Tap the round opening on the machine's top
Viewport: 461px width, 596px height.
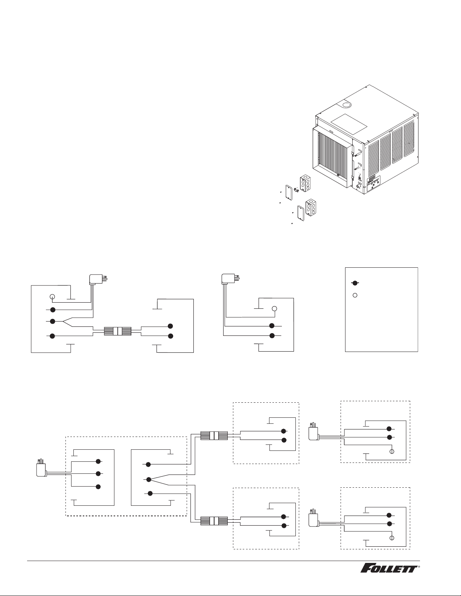click(347, 105)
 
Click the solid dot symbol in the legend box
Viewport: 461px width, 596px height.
click(355, 283)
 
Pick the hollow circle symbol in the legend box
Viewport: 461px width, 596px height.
click(355, 296)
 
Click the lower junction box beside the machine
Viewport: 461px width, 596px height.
click(312, 206)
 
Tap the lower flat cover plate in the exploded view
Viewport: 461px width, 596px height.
click(301, 213)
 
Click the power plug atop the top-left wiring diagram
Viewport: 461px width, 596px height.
click(97, 279)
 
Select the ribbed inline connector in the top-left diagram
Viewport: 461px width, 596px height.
click(117, 331)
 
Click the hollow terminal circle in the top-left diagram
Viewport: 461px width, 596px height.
click(52, 296)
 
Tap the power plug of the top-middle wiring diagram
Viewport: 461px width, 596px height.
click(230, 278)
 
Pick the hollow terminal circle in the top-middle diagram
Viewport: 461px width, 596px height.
click(274, 309)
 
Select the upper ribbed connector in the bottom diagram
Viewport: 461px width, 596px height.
click(214, 436)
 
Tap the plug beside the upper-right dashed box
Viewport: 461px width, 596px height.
click(313, 431)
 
